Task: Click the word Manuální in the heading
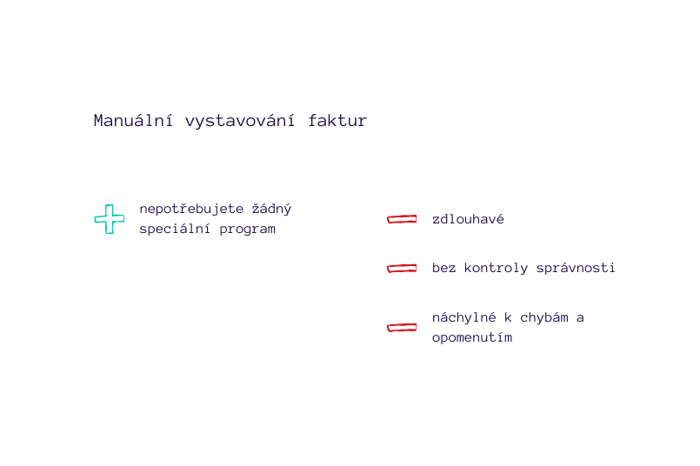[x=133, y=121]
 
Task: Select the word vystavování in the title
[x=240, y=122]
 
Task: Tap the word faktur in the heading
[x=337, y=121]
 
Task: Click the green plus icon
[x=110, y=219]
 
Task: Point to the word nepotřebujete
[x=191, y=209]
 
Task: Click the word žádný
[x=272, y=209]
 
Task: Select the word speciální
[x=175, y=229]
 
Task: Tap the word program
[x=247, y=230]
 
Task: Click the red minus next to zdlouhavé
[x=402, y=219]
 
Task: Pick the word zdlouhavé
[x=468, y=219]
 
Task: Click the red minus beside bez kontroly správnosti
[x=402, y=269]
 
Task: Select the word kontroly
[x=496, y=269]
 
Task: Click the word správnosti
[x=576, y=269]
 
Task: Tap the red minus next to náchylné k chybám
[x=402, y=328]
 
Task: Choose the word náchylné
[x=463, y=317]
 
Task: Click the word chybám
[x=544, y=317]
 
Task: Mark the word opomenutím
[x=472, y=337]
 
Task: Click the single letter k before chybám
[x=508, y=317]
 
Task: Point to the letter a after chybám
[x=580, y=318]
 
